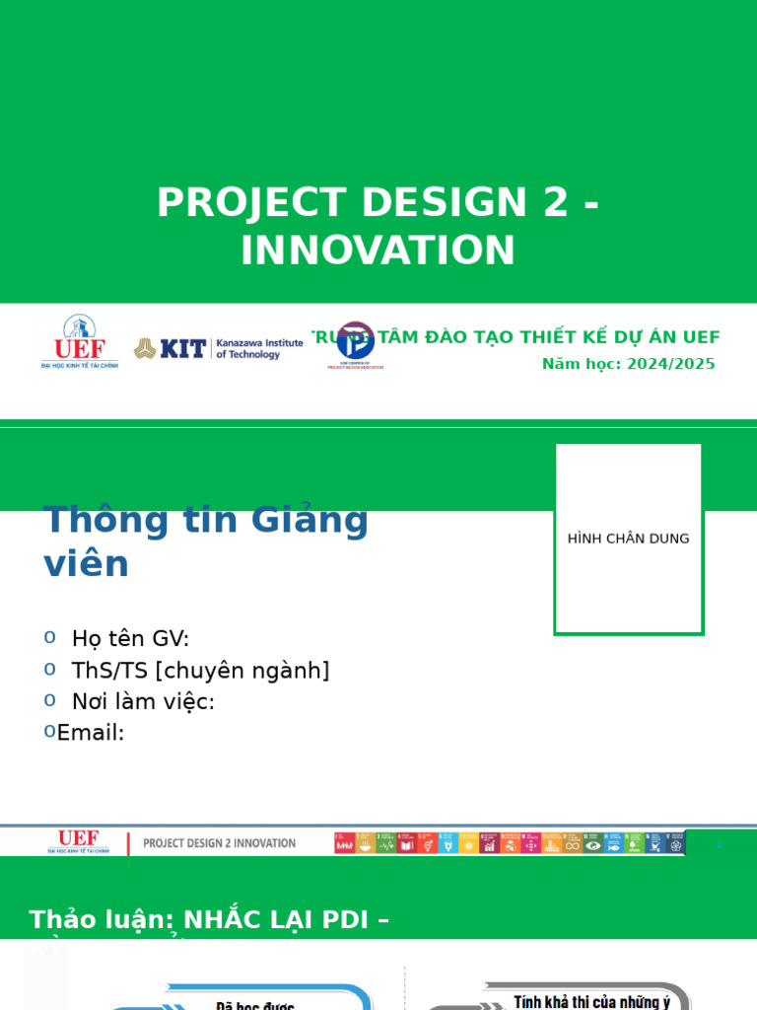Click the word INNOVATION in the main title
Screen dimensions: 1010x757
click(378, 251)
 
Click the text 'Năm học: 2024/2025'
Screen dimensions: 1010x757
click(628, 364)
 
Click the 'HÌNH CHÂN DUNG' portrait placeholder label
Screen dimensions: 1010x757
click(628, 539)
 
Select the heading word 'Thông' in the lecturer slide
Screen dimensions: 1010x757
click(93, 520)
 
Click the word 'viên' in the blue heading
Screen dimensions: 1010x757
click(86, 564)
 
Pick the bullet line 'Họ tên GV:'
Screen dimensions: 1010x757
click(130, 639)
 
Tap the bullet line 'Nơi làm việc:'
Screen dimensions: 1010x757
click(143, 702)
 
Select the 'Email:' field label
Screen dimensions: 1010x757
click(91, 733)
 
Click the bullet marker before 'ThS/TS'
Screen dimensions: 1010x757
click(49, 669)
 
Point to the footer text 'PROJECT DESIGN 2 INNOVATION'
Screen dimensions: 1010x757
click(219, 843)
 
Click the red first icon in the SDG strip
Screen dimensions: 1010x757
click(343, 843)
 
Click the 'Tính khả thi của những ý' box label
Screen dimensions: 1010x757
click(591, 1002)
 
